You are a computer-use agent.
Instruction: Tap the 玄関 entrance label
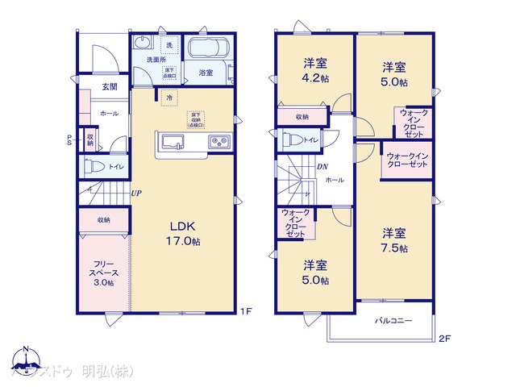[87, 86]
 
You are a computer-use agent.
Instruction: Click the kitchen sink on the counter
[173, 143]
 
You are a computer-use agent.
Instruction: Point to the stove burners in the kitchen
[218, 143]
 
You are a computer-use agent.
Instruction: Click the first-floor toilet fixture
[91, 167]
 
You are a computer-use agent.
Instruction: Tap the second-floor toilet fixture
[289, 140]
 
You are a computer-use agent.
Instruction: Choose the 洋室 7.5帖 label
[395, 239]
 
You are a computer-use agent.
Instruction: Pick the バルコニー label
[393, 321]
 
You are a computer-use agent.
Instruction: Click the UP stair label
[138, 194]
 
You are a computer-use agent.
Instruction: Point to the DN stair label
[322, 168]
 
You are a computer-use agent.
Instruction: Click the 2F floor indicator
[443, 339]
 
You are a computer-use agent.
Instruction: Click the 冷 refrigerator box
[169, 98]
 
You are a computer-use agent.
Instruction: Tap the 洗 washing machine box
[169, 44]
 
